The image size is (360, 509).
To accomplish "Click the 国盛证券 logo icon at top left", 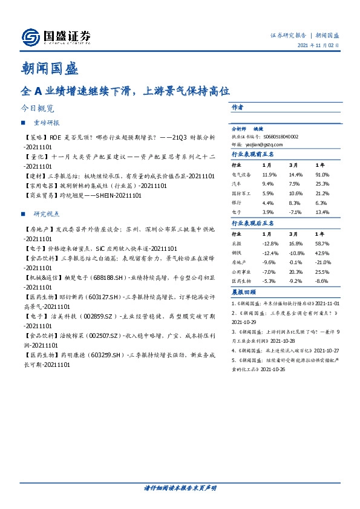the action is [30, 37].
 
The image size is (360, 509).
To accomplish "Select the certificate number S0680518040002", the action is [277, 137].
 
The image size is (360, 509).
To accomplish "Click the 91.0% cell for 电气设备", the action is [322, 174].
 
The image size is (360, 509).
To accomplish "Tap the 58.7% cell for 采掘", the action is [322, 242].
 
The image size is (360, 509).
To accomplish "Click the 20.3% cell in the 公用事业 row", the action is [294, 272].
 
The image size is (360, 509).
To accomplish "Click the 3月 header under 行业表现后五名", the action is [293, 233].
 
